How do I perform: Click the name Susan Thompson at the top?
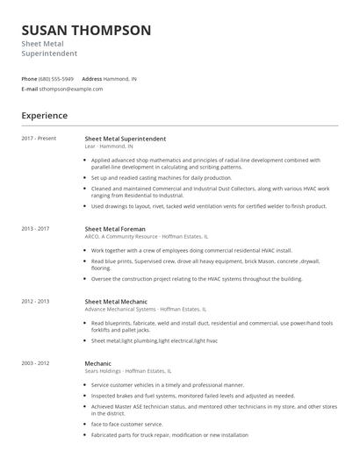coord(86,31)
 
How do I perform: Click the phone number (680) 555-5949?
coord(57,79)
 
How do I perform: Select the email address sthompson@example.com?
coord(71,89)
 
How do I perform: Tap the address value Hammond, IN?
coord(121,79)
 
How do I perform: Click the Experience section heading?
coord(45,115)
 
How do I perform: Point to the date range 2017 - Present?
coord(39,139)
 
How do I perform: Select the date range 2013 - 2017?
coord(36,228)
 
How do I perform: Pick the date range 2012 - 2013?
coord(36,301)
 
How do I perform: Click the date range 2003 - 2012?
coord(36,362)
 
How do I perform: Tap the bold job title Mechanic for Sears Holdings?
coord(98,362)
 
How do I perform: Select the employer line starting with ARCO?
coord(146,237)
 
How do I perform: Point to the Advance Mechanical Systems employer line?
coord(145,310)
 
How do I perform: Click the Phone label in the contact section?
coord(30,79)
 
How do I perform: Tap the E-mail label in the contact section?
coord(30,89)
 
